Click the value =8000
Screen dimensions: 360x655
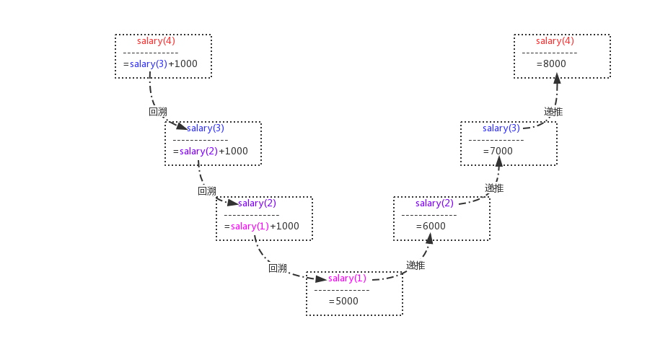pyautogui.click(x=552, y=64)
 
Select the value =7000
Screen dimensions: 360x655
pyautogui.click(x=498, y=151)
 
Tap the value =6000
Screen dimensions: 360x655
pyautogui.click(x=431, y=226)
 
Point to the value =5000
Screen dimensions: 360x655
pyautogui.click(x=344, y=302)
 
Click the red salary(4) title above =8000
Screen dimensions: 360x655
pyautogui.click(x=555, y=41)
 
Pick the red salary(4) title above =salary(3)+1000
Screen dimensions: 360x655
pyautogui.click(x=156, y=41)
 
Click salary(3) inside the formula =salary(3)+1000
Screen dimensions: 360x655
pyautogui.click(x=149, y=64)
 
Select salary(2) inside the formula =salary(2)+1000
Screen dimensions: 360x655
pyautogui.click(x=198, y=152)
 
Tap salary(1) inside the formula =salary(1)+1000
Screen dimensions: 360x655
pyautogui.click(x=250, y=227)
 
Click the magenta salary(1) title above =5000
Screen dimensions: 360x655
pyautogui.click(x=347, y=278)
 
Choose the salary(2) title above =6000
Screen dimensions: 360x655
pyautogui.click(x=434, y=203)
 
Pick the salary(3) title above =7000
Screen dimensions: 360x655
pyautogui.click(x=501, y=128)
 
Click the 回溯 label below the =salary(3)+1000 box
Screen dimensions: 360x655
pyautogui.click(x=158, y=112)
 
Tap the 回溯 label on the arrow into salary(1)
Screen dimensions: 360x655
pyautogui.click(x=278, y=268)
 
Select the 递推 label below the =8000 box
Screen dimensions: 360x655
pyautogui.click(x=553, y=112)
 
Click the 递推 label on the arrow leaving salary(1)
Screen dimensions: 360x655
pyautogui.click(x=416, y=265)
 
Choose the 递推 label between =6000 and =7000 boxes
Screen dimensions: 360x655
pyautogui.click(x=494, y=188)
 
